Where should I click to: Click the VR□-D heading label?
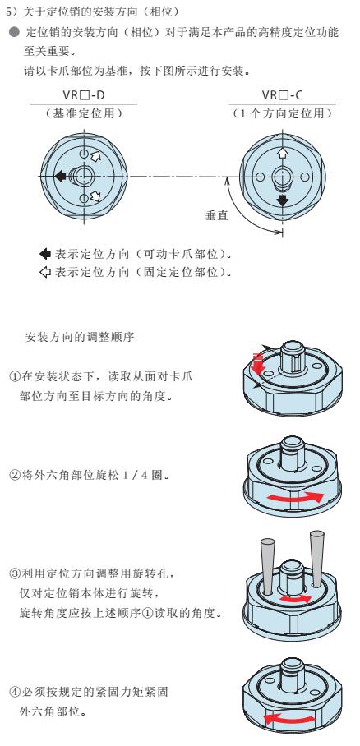point(84,95)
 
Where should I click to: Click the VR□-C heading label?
point(282,95)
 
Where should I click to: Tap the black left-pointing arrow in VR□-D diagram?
point(61,176)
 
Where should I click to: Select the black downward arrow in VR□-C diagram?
point(283,200)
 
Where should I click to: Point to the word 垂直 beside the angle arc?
point(217,215)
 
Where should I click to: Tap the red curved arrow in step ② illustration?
point(295,497)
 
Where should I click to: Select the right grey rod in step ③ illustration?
point(316,558)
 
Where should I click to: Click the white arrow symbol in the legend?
point(45,273)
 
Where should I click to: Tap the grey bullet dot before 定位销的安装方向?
point(15,33)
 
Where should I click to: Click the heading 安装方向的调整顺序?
point(80,338)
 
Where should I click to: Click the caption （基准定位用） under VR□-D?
point(84,113)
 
